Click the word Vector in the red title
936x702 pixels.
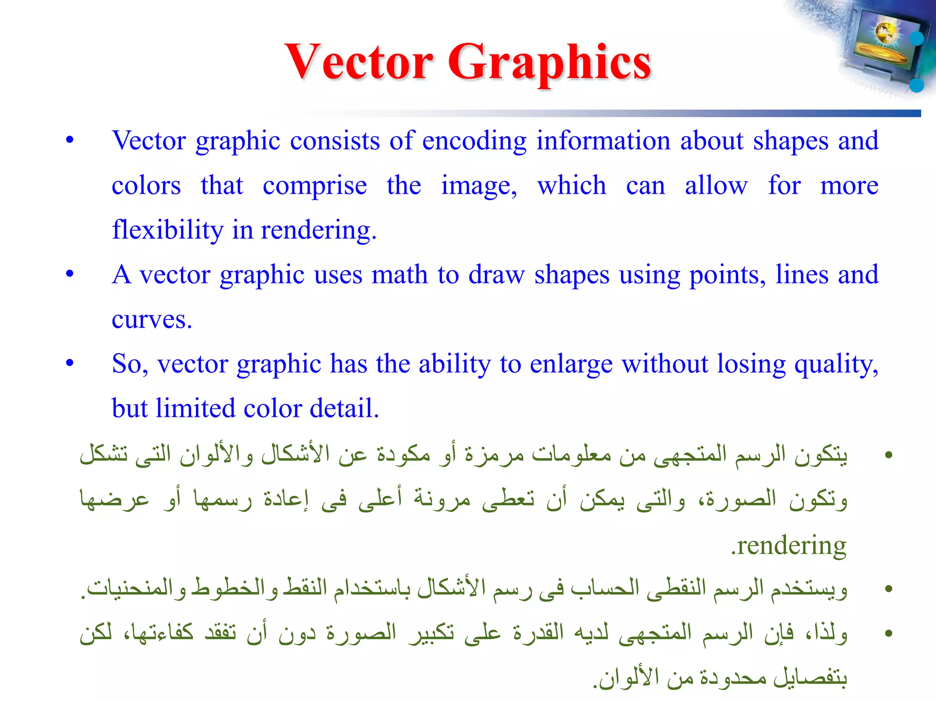point(359,62)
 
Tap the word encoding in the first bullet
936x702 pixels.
point(474,141)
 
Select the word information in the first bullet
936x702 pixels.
point(603,141)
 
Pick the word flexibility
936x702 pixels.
point(167,230)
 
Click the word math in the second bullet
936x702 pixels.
point(399,275)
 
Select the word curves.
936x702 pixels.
point(151,319)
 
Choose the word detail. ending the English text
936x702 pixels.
point(344,408)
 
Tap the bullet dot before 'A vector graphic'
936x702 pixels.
point(69,274)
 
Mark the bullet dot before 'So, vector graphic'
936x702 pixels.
point(69,363)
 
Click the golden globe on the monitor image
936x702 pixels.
point(886,33)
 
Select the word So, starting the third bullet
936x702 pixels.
point(130,364)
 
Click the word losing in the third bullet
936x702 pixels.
point(750,365)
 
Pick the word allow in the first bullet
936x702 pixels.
point(716,186)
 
